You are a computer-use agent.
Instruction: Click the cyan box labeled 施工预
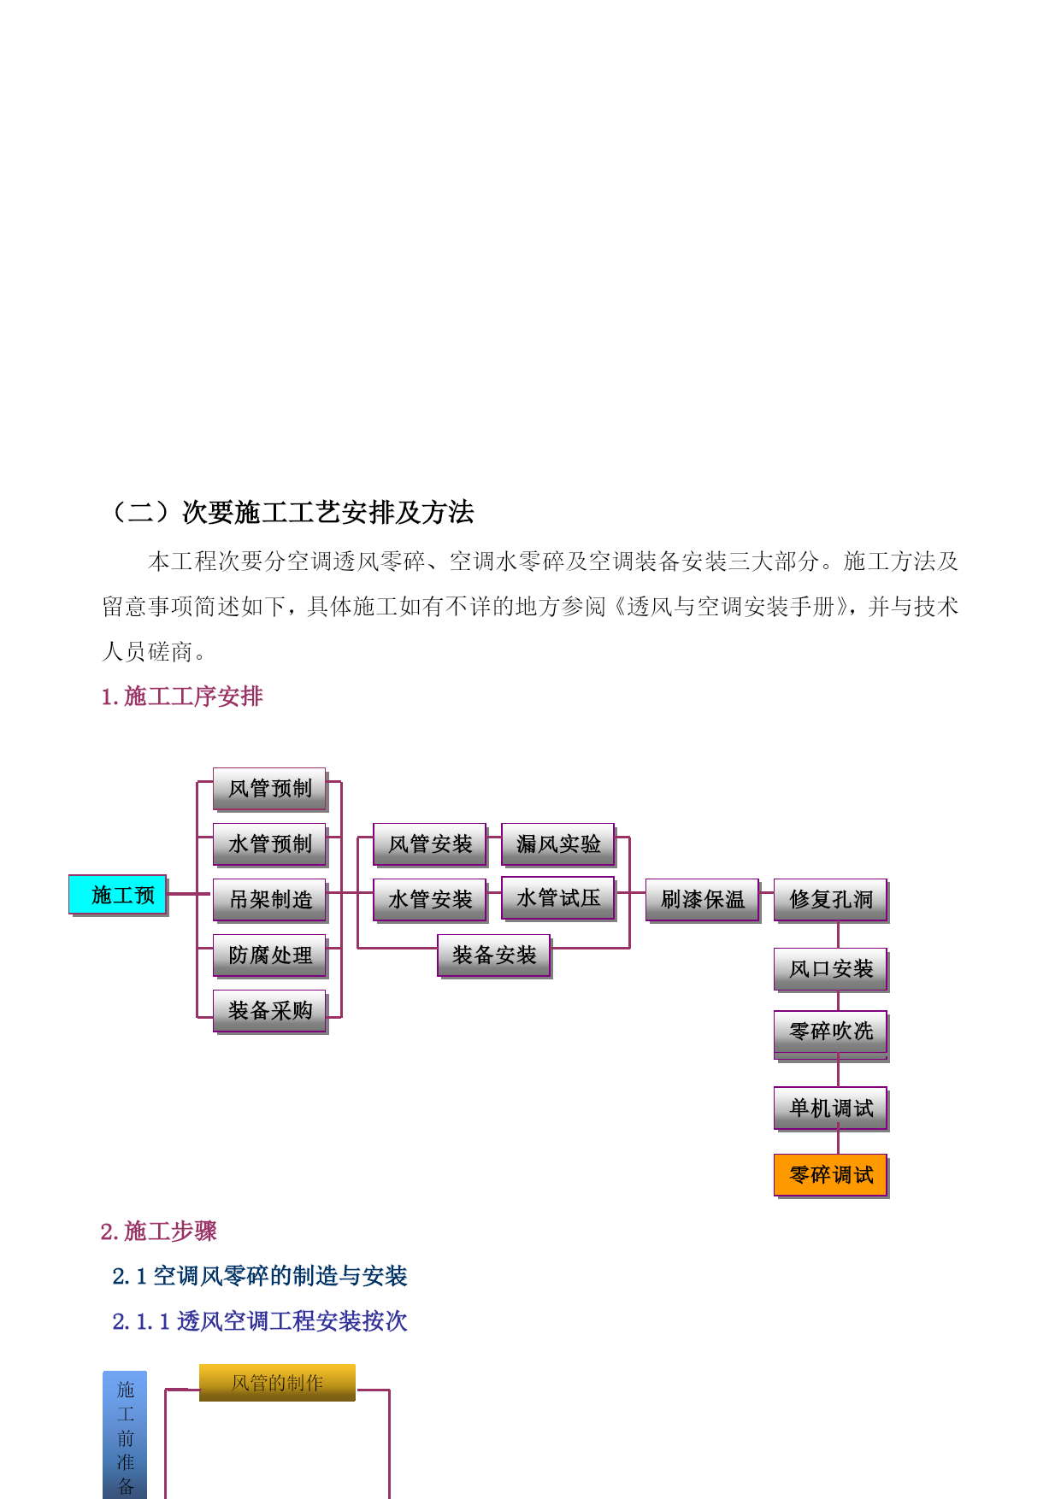(x=118, y=895)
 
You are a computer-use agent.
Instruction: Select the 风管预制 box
(x=269, y=788)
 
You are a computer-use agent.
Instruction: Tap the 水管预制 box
(x=269, y=844)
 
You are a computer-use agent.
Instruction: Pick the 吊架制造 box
(x=269, y=899)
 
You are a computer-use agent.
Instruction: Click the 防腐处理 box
(x=269, y=955)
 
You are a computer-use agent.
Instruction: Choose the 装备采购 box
(x=269, y=1010)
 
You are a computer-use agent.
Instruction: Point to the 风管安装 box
(x=429, y=844)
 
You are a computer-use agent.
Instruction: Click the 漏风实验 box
(x=557, y=844)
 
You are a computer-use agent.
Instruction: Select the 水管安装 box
(x=429, y=899)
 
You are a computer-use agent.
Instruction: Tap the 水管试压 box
(x=557, y=897)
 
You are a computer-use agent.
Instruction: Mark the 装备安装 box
(x=493, y=955)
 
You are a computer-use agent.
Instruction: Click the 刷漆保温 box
(x=702, y=899)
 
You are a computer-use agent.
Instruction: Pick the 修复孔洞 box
(x=830, y=899)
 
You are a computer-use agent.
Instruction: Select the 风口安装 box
(x=830, y=968)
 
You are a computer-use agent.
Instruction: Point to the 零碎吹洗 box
(x=830, y=1032)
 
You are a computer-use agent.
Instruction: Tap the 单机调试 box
(x=830, y=1108)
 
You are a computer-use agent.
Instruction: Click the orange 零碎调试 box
(x=830, y=1175)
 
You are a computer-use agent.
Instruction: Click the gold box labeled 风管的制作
(x=277, y=1382)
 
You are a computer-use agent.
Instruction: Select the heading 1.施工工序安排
(x=182, y=697)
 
